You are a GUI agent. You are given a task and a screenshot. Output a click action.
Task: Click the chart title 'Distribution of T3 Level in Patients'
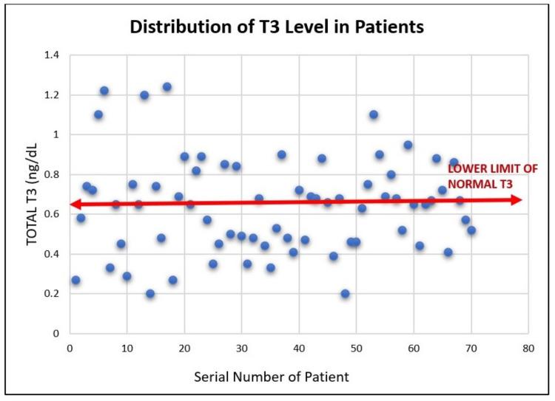point(277,29)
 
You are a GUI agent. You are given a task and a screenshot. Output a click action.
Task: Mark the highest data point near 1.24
point(167,87)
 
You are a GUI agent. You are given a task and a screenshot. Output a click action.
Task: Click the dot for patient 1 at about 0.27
point(75,280)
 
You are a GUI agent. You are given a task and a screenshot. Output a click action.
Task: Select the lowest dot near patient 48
point(345,294)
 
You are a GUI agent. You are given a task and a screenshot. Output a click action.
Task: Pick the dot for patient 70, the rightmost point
point(471,230)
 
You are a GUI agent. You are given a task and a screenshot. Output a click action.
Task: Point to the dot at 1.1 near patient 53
point(374,114)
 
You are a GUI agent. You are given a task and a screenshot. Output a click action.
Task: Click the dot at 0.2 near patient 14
point(150,294)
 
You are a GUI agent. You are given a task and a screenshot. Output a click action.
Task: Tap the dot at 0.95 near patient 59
point(408,145)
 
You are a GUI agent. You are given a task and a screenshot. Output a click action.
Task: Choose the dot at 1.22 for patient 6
point(104,91)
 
